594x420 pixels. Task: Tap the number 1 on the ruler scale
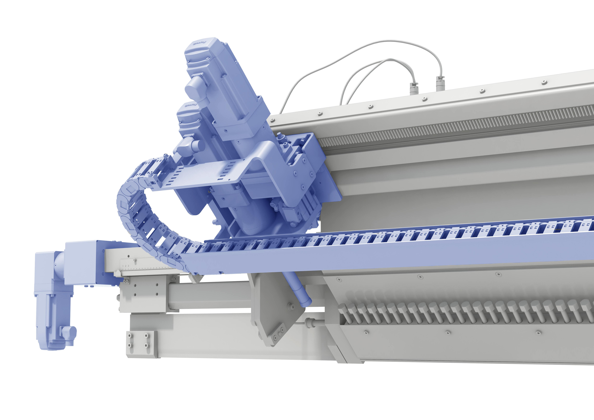pyautogui.click(x=123, y=266)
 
